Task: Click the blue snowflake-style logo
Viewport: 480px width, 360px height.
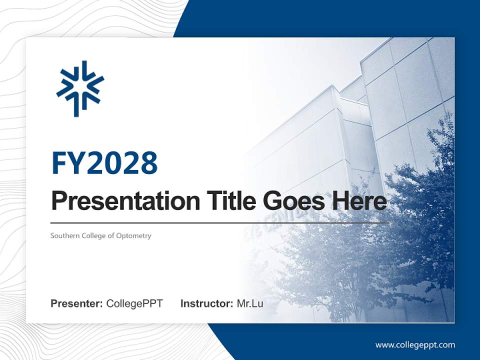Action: tap(80, 88)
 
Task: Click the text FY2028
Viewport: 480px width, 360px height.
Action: tap(104, 163)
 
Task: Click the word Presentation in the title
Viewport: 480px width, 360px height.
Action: tap(118, 201)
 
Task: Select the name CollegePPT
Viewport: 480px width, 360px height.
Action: tap(134, 303)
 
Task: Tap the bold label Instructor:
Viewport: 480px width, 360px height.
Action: tap(206, 303)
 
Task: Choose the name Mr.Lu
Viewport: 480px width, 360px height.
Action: tap(250, 303)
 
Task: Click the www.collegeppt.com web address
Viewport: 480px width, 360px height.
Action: tap(415, 345)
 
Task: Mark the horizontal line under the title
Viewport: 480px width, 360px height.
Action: tap(220, 223)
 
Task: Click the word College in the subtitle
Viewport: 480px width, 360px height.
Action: tap(93, 235)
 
